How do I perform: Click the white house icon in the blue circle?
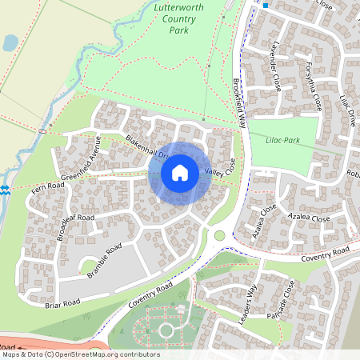pos(180,172)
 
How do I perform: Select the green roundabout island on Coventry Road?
pos(219,235)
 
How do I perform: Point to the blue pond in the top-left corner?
pos(10,42)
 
